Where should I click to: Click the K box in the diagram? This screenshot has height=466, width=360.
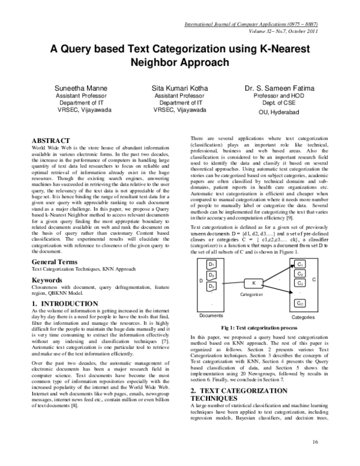pos(253,283)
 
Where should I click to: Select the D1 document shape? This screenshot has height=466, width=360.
pos(211,265)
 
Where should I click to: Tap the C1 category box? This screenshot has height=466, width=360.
pos(300,265)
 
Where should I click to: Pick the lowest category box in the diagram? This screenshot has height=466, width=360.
pos(301,303)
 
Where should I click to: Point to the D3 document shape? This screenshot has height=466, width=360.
pos(211,286)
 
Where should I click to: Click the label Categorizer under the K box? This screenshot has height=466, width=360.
pos(252,295)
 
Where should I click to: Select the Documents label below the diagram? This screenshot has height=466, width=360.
pos(211,316)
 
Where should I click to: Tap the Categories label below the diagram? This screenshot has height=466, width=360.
pos(304,316)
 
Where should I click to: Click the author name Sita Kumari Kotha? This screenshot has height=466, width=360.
pos(180,88)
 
